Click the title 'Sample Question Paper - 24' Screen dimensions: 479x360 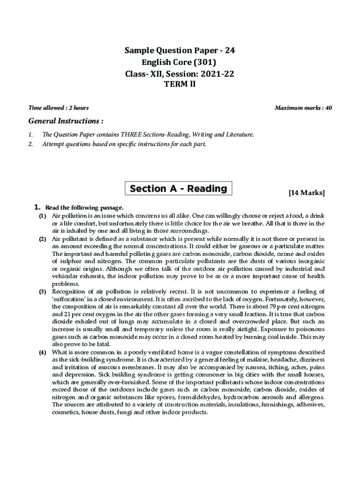[x=180, y=51]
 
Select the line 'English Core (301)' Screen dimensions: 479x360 [x=180, y=62]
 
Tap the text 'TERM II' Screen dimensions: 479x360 [x=180, y=85]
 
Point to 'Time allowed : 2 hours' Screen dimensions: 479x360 [x=58, y=108]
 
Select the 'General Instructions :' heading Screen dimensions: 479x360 [x=66, y=122]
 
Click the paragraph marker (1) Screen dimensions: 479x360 [x=43, y=216]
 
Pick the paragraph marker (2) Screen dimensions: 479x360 [x=43, y=239]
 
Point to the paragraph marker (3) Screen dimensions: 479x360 [x=43, y=292]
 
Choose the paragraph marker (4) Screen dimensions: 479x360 [x=43, y=352]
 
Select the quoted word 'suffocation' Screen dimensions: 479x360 [x=68, y=299]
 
